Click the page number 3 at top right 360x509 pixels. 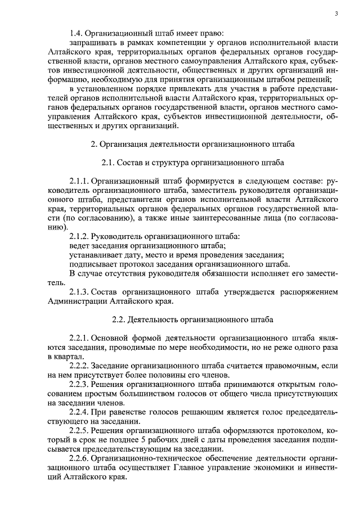[x=336, y=14]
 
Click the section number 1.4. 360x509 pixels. [x=77, y=33]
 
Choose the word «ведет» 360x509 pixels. [x=80, y=246]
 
